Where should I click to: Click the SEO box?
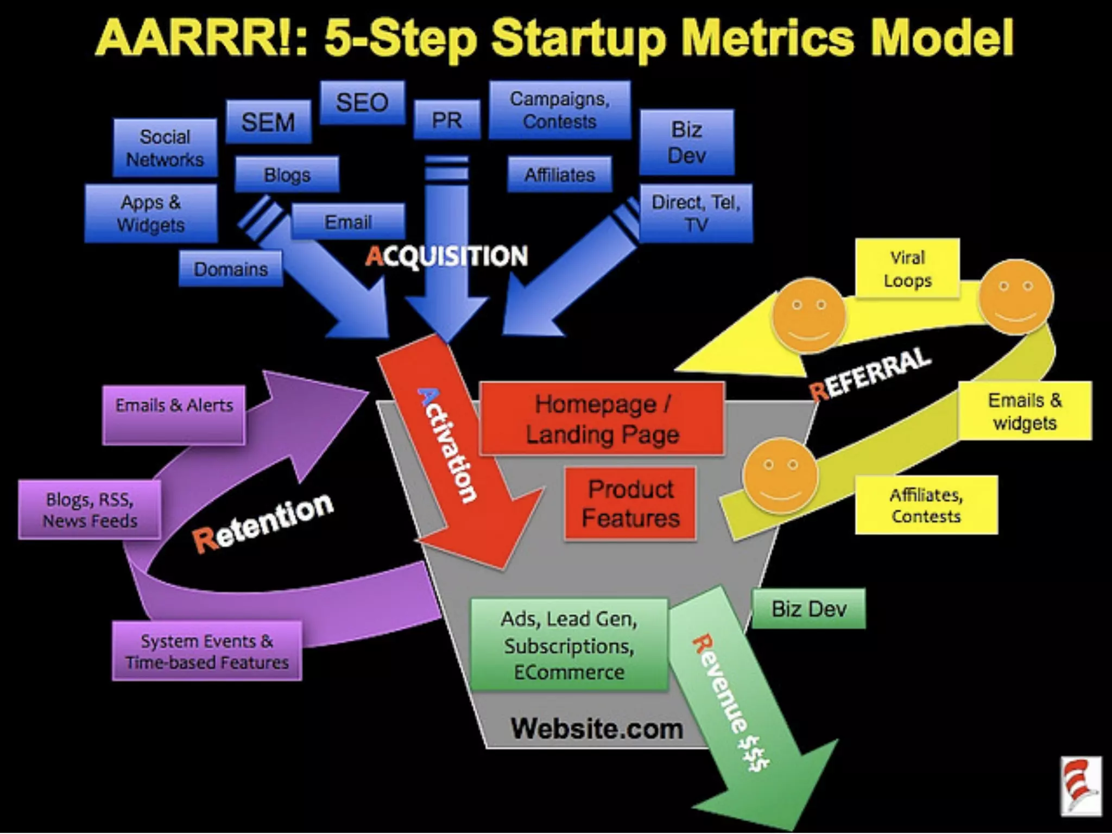point(362,103)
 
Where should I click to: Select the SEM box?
point(268,122)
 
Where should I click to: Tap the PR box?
point(447,119)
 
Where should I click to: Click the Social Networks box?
point(165,148)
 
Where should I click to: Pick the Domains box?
point(231,269)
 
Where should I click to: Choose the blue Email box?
point(348,222)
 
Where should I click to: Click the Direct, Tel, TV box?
point(696,213)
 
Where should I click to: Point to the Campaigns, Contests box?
point(559,110)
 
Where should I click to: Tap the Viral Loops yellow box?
point(907,268)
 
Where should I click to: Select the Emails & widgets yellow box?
point(1025,411)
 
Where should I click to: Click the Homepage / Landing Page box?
point(602,419)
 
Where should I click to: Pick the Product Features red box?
point(630,503)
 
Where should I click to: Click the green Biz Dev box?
point(808,609)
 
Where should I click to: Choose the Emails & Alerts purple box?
point(174,414)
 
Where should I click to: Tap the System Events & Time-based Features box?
point(207,651)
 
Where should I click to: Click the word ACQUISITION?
point(446,256)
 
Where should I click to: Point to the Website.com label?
point(596,729)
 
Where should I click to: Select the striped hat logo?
point(1081,786)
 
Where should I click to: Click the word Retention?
point(263,523)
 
